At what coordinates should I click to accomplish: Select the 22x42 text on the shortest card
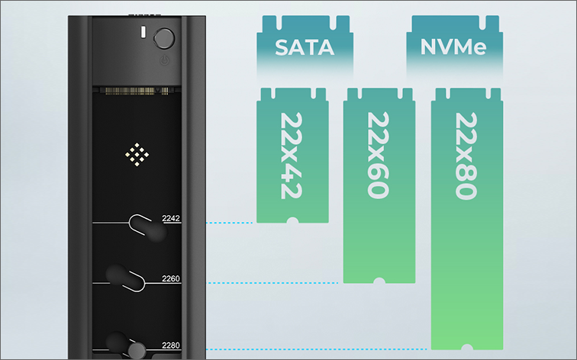pyautogui.click(x=293, y=156)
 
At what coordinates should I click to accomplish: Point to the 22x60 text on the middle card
pyautogui.click(x=379, y=156)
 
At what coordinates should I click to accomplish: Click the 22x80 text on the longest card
pyautogui.click(x=466, y=156)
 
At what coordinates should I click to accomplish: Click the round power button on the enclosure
pyautogui.click(x=165, y=38)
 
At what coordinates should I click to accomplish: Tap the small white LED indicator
pyautogui.click(x=143, y=34)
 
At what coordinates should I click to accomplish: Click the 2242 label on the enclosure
pyautogui.click(x=171, y=219)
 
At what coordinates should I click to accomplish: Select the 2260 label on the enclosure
pyautogui.click(x=171, y=278)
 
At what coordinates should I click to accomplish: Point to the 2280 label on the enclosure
pyautogui.click(x=171, y=346)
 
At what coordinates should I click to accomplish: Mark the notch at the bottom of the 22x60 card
pyautogui.click(x=379, y=282)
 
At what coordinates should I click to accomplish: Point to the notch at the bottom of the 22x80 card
pyautogui.click(x=466, y=348)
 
